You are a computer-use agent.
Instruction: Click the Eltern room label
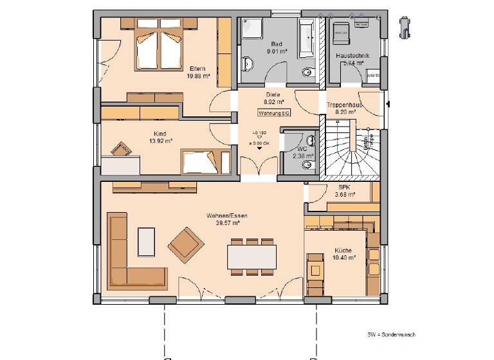click(x=198, y=69)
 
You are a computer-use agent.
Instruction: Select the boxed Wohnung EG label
click(x=274, y=113)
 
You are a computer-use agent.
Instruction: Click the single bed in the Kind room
click(x=204, y=161)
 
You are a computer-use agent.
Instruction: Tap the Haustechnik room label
click(x=352, y=57)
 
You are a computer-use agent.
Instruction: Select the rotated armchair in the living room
click(x=186, y=244)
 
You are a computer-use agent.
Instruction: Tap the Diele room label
click(x=273, y=94)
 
